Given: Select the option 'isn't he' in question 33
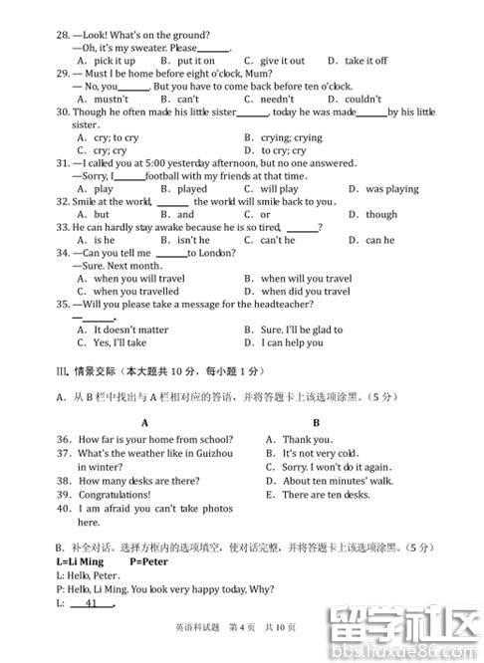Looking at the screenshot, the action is [x=192, y=240].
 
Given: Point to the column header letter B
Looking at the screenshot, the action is [x=317, y=422].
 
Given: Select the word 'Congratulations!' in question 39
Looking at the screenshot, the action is [x=115, y=495].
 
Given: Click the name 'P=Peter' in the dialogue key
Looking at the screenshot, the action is [x=150, y=561].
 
